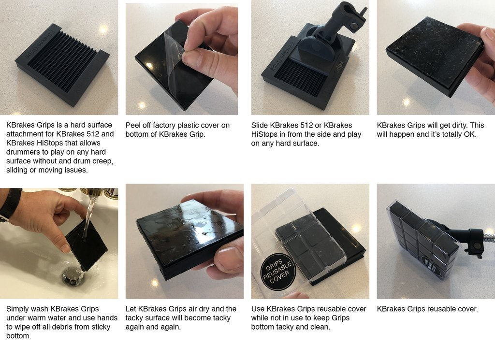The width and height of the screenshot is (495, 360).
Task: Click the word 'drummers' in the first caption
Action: [21, 152]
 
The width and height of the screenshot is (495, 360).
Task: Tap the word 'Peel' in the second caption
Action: [133, 125]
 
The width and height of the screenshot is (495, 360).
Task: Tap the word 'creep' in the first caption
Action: [102, 161]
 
